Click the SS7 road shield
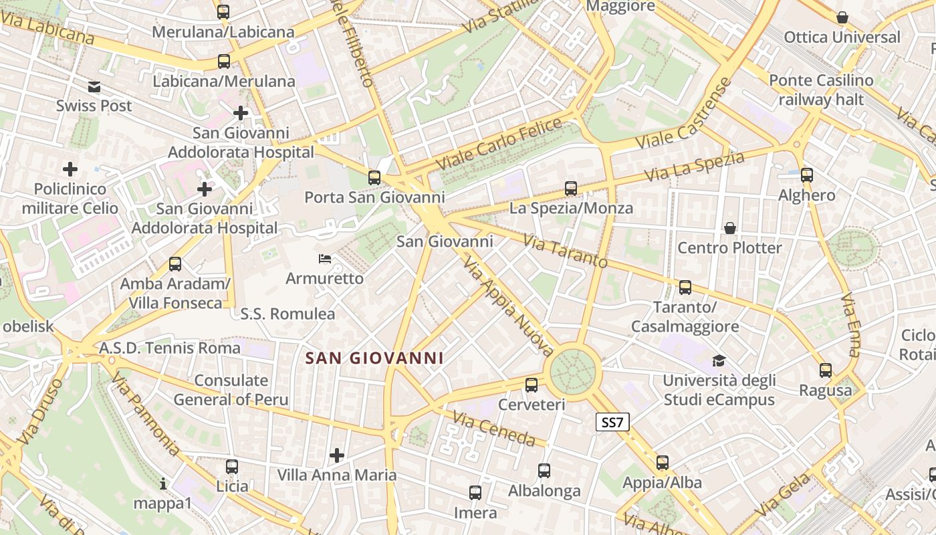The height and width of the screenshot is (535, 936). tap(612, 422)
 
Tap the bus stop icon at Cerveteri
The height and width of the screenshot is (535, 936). tap(532, 385)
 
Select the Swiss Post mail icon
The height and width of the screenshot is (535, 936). tap(94, 86)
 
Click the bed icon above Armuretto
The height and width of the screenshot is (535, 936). tap(325, 258)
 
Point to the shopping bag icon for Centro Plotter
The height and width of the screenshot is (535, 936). tap(730, 228)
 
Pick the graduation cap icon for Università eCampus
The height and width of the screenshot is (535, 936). tap(719, 361)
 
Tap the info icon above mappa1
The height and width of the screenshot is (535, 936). tap(163, 483)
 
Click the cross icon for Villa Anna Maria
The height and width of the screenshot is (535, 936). tap(337, 455)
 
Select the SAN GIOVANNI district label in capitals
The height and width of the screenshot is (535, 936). tap(374, 358)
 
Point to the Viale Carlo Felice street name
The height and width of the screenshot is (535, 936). tap(499, 144)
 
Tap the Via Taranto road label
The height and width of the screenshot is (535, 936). tap(565, 251)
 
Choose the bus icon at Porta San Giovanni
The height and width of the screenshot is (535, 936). tap(374, 178)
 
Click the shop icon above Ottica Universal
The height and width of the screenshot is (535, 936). tap(842, 17)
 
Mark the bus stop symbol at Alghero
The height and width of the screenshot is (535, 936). tap(807, 175)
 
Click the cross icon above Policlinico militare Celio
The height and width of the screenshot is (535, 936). tap(70, 169)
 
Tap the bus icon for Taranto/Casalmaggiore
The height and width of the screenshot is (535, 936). tap(685, 288)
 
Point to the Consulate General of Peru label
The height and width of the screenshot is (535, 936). tap(231, 390)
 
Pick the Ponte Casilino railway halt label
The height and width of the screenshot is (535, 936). tap(821, 90)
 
